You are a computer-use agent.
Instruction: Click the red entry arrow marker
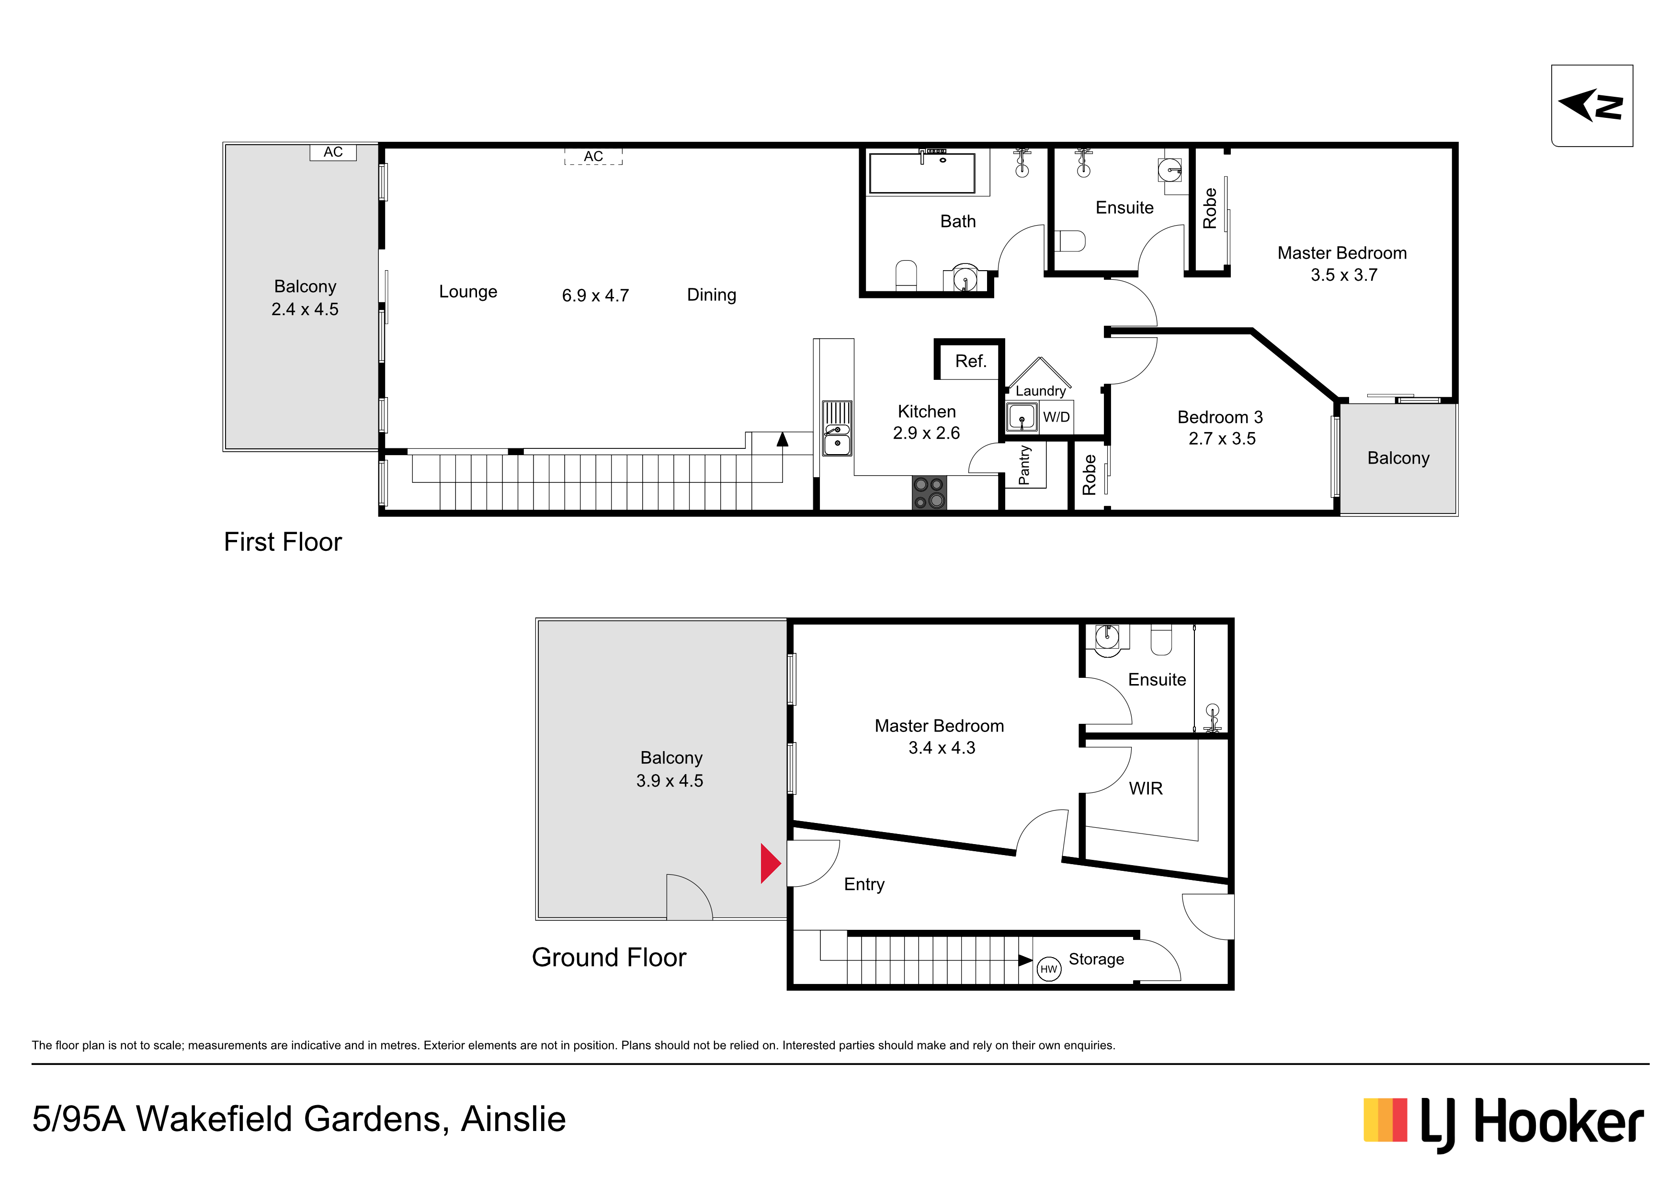click(770, 864)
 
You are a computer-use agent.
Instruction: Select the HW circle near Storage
click(1048, 969)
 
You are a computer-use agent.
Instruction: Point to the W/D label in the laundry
click(1056, 417)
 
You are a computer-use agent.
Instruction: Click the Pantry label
click(1024, 466)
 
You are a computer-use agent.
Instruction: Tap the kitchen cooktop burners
click(929, 492)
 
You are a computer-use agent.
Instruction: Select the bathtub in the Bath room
click(922, 173)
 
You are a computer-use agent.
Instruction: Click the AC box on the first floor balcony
click(333, 152)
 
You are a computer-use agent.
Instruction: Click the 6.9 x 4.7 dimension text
click(595, 296)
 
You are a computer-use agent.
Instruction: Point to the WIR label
click(1145, 788)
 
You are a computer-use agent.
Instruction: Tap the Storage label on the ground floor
click(1096, 959)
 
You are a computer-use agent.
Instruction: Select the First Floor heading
click(283, 542)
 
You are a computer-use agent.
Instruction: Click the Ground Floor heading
click(609, 958)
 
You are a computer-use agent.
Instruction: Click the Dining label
click(711, 295)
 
